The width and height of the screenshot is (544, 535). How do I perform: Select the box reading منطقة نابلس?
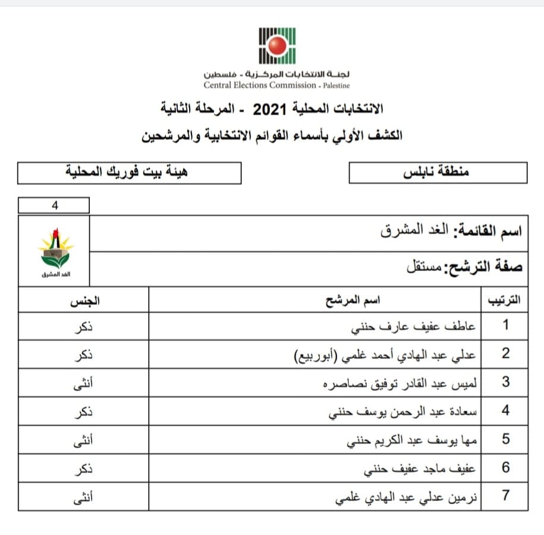pyautogui.click(x=438, y=172)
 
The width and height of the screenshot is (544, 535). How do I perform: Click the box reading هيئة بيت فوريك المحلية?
pyautogui.click(x=130, y=173)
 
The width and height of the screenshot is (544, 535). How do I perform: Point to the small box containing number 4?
pyautogui.click(x=54, y=206)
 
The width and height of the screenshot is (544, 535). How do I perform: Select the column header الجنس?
pyautogui.click(x=84, y=301)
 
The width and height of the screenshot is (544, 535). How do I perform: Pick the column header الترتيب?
pyautogui.click(x=504, y=301)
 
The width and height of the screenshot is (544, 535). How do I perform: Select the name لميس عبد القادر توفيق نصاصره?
pyautogui.click(x=400, y=383)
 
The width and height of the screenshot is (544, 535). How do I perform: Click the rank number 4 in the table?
pyautogui.click(x=505, y=411)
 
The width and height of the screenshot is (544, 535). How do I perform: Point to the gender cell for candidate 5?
pyautogui.click(x=84, y=439)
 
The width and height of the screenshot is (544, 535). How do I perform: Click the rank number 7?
pyautogui.click(x=505, y=496)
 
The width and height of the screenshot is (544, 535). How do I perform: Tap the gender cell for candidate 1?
pyautogui.click(x=84, y=326)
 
